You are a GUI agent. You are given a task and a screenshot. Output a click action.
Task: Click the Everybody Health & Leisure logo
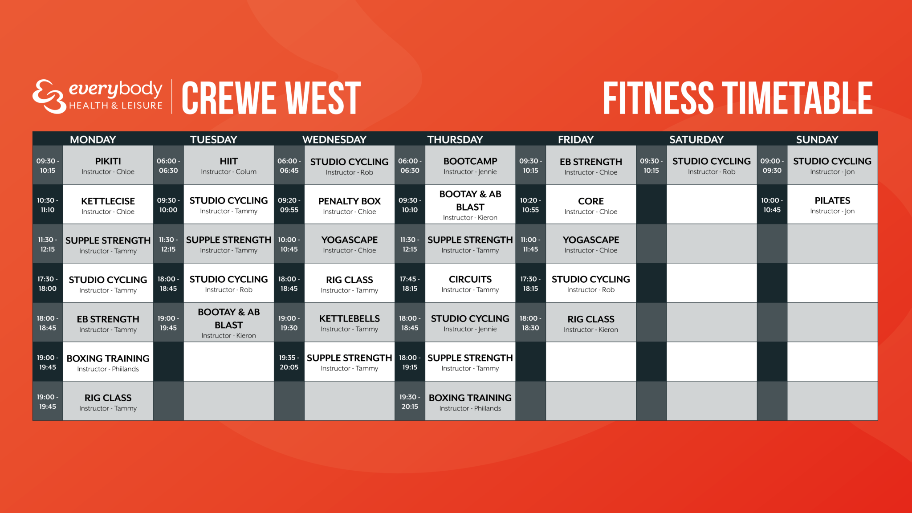(97, 97)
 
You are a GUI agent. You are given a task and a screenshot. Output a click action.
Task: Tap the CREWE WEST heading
(271, 98)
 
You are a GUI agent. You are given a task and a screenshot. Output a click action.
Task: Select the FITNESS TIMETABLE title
(737, 98)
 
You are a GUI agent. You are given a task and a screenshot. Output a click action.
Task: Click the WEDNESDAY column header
(334, 139)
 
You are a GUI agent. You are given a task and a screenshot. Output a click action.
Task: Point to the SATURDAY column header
(696, 139)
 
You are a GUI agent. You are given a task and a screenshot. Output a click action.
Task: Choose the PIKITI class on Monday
(108, 166)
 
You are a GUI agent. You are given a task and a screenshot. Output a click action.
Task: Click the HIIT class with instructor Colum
(228, 166)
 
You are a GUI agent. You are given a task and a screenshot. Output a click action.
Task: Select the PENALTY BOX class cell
(349, 205)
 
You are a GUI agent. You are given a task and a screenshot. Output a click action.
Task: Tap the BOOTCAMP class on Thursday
(470, 166)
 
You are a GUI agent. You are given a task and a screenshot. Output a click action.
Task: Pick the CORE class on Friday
(590, 205)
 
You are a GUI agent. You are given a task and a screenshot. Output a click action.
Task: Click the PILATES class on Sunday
(832, 205)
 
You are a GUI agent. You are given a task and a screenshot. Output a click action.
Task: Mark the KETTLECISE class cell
(108, 205)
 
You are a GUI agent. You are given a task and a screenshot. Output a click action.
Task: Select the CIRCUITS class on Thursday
(470, 284)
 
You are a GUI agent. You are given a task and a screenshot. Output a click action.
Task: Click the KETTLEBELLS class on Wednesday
(349, 323)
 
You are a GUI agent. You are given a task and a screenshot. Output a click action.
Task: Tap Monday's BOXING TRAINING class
(108, 362)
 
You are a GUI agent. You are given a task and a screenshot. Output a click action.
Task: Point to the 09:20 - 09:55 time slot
(289, 205)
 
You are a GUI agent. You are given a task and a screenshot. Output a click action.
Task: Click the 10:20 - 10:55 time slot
(530, 205)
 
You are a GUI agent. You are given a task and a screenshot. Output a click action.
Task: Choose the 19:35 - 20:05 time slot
(289, 362)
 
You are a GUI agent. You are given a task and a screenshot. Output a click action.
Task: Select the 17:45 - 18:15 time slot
(410, 284)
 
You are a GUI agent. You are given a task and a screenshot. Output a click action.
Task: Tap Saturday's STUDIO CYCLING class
(711, 166)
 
